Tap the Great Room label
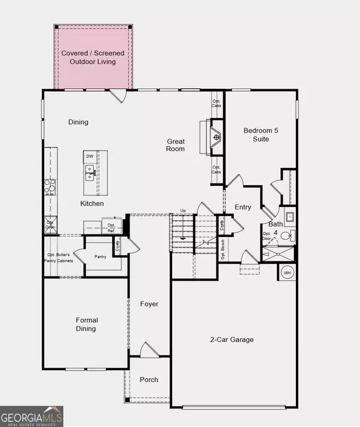pos(176,145)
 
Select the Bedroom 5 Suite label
pos(260,134)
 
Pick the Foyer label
pos(149,304)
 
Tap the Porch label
pos(148,380)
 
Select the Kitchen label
pos(92,204)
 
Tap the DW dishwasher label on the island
pos(89,157)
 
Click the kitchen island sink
pos(89,173)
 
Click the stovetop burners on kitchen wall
pos(49,188)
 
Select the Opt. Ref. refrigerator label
pos(110,227)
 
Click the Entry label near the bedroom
pos(243,207)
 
